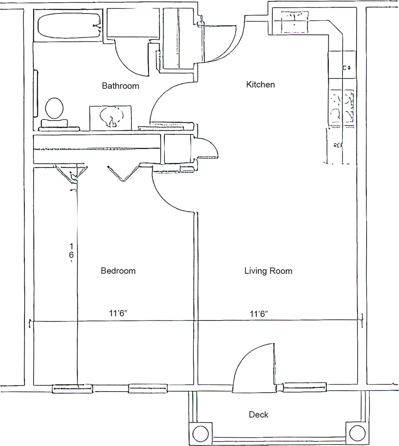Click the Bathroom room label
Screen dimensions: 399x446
(120, 86)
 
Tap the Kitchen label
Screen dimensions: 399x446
(260, 85)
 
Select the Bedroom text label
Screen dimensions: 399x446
(118, 271)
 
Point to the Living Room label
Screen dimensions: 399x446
(268, 271)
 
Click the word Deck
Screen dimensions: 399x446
(258, 415)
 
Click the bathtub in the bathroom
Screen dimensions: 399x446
(69, 26)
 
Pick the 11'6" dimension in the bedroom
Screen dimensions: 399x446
(118, 313)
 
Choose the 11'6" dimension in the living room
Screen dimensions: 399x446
(259, 314)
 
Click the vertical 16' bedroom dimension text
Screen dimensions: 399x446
(71, 252)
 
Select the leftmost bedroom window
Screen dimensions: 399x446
(72, 389)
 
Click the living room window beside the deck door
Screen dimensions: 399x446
(305, 387)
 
